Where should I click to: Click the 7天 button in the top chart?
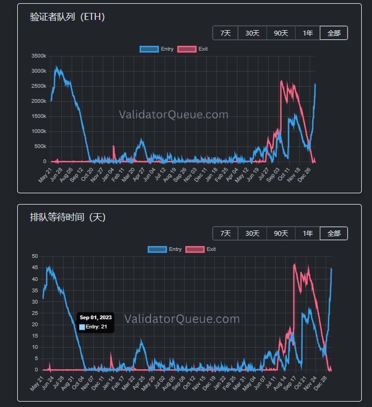[225, 33]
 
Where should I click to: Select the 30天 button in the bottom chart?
[252, 234]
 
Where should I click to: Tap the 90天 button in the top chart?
[280, 33]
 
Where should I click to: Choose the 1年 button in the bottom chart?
[307, 234]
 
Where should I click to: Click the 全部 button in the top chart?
[334, 33]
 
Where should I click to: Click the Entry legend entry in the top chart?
[157, 49]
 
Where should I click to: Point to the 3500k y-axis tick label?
[39, 56]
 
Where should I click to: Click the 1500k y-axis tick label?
[39, 116]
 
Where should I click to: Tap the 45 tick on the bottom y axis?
[35, 268]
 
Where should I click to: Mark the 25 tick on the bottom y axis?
[35, 313]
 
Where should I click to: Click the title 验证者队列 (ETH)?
[67, 17]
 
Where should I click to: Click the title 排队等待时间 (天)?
[68, 217]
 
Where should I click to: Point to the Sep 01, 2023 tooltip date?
[96, 318]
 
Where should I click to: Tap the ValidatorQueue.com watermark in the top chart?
[173, 115]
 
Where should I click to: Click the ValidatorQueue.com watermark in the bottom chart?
[182, 319]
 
